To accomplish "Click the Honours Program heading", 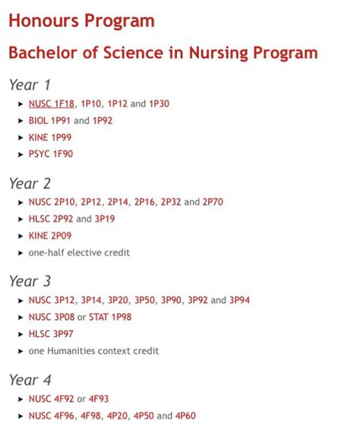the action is pos(81,21).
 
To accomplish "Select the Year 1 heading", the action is pos(30,84).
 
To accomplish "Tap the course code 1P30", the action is pos(159,103).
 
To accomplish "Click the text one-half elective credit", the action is pos(79,252).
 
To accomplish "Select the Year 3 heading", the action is pos(30,281).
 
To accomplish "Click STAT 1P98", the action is pos(110,317).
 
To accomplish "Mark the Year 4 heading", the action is pos(30,380).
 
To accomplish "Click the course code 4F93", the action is pos(99,399).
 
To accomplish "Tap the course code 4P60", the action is pos(185,416).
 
